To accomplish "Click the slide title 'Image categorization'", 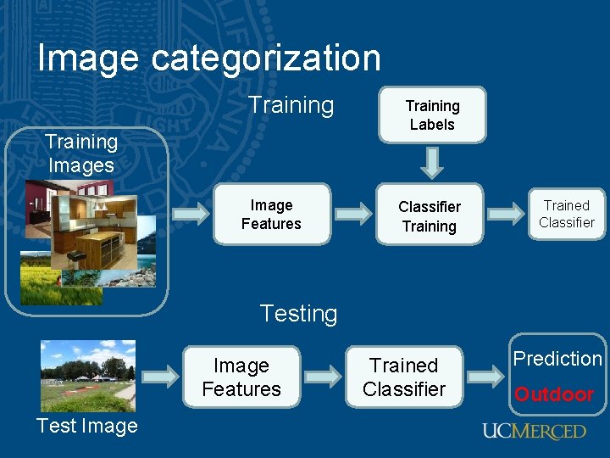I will tap(209, 58).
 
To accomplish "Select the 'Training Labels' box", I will tap(432, 115).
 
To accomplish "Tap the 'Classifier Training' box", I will tap(430, 216).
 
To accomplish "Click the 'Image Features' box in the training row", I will tap(271, 215).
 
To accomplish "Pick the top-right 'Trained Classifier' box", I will tap(567, 214).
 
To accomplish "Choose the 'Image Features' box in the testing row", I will tap(241, 377).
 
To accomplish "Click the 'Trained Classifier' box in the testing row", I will tap(404, 377).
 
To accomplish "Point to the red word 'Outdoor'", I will tap(554, 394).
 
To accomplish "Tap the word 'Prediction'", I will tap(557, 359).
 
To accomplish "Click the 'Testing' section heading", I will tap(298, 314).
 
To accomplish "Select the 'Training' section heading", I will tap(291, 105).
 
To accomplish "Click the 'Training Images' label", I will tap(81, 154).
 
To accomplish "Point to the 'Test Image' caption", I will tap(87, 426).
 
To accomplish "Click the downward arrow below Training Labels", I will tap(432, 162).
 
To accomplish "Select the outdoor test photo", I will tap(88, 375).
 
